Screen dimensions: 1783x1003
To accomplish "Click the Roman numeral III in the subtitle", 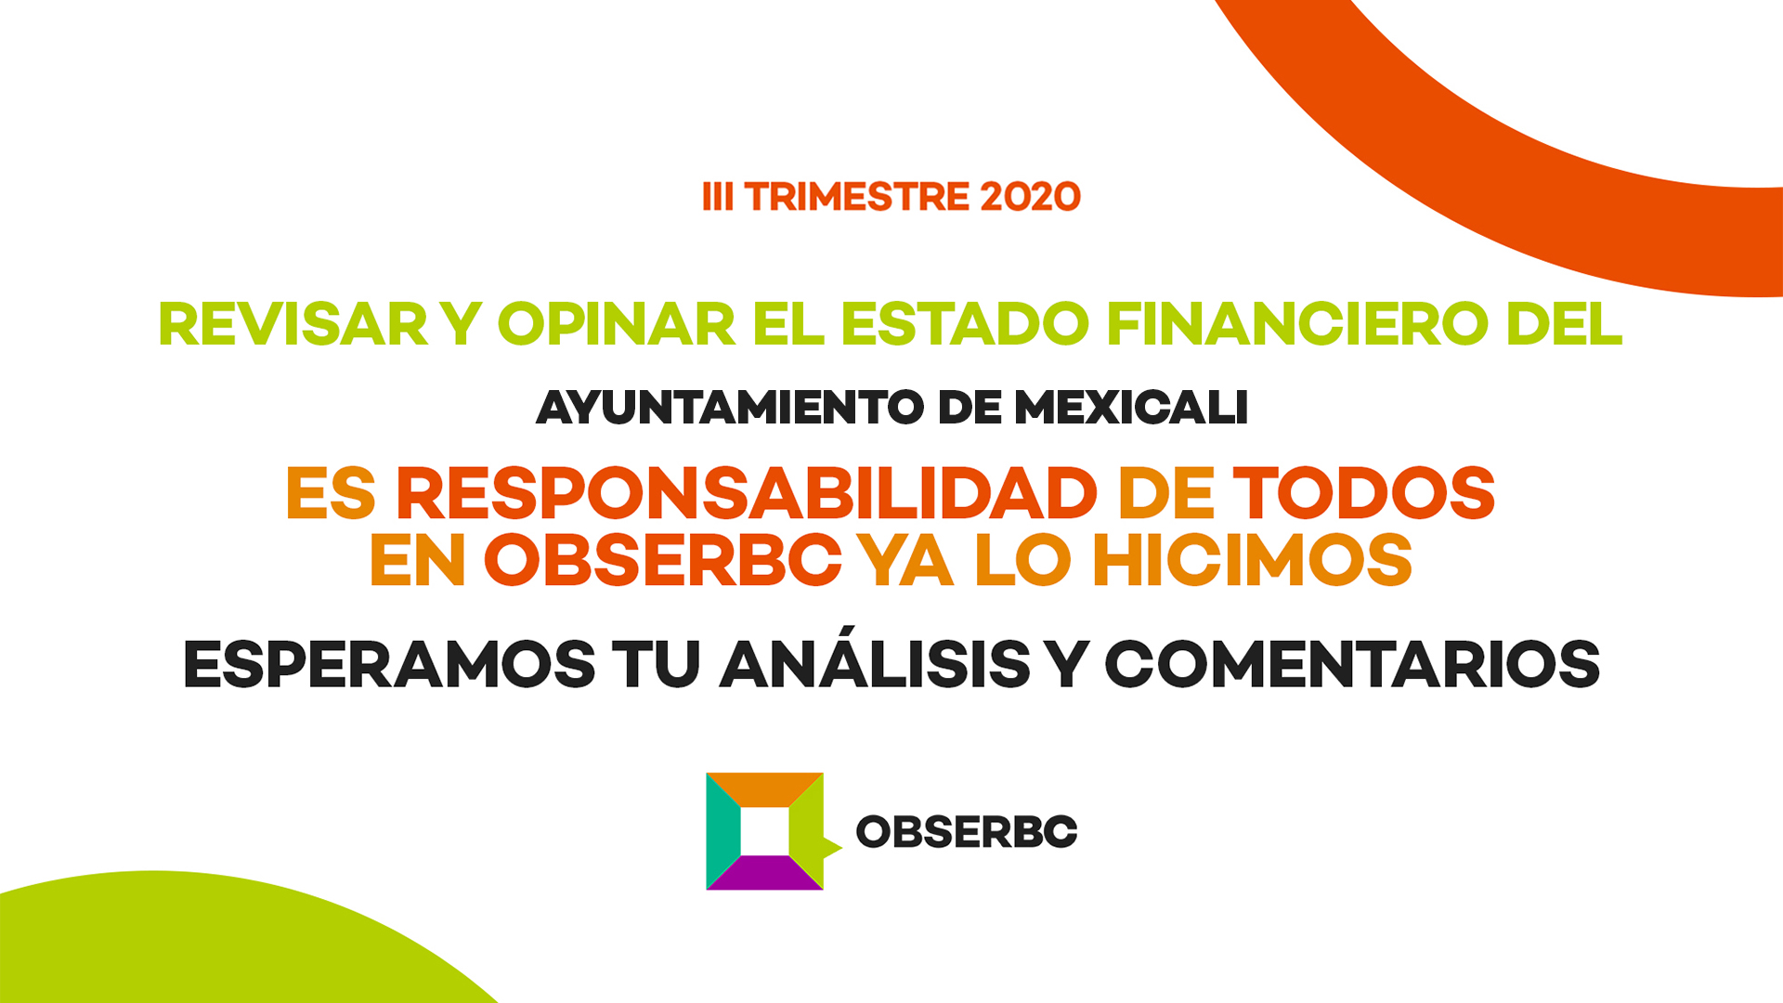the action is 718,197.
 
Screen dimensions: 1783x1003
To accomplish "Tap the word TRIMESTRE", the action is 857,197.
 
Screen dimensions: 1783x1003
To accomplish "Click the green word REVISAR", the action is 293,324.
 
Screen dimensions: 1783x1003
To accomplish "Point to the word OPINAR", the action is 617,324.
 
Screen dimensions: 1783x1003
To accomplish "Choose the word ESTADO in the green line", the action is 965,324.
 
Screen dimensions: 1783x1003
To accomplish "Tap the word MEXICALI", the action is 1131,408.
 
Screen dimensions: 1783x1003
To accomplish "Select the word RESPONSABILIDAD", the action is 748,493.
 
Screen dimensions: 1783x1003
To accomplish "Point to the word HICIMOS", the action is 1252,560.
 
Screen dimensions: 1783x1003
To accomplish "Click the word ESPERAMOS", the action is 389,665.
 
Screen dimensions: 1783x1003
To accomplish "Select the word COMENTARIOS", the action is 1352,665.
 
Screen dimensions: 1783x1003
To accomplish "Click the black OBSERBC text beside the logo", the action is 967,831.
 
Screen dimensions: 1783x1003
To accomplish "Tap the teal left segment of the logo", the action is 723,830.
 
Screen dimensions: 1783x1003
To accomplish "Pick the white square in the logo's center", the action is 764,831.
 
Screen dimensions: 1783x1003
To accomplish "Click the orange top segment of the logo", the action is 764,789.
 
